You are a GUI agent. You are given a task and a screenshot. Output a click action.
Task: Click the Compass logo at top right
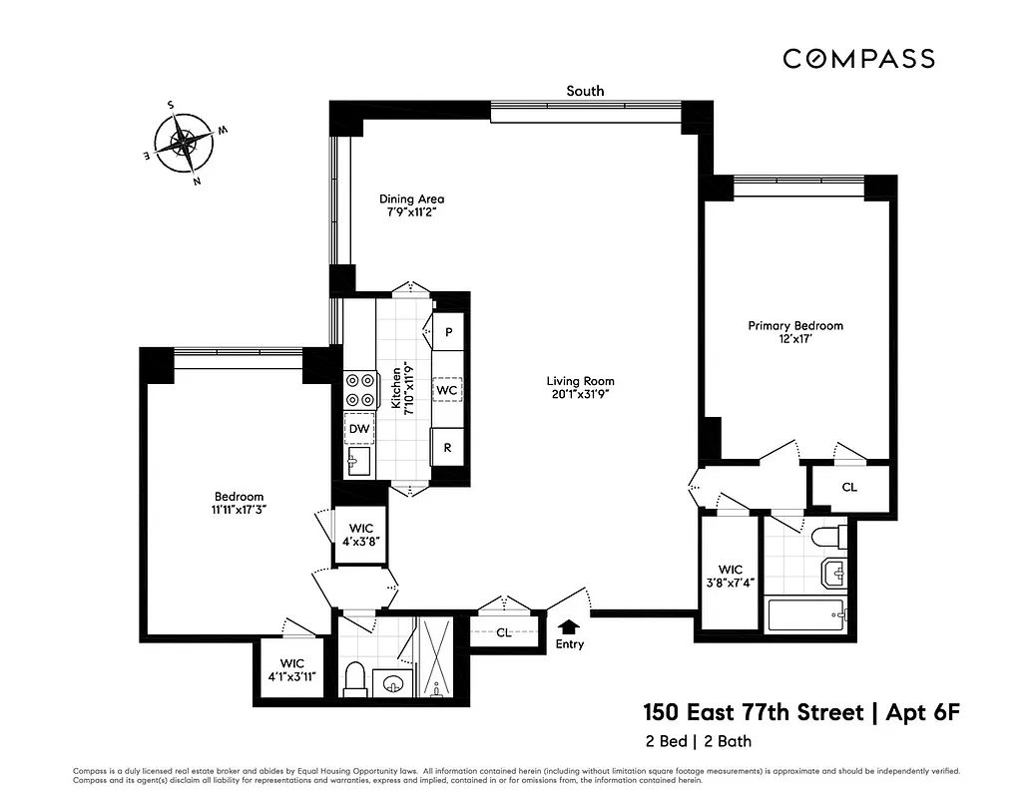pos(858,59)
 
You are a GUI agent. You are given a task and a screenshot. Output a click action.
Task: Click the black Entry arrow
pos(569,625)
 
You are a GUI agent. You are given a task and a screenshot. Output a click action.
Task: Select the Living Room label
pos(580,381)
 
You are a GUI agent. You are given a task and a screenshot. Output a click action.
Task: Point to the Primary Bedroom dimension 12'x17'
pos(795,340)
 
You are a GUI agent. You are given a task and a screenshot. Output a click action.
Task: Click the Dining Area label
pos(410,199)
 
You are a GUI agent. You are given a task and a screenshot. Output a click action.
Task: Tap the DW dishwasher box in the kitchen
pos(359,429)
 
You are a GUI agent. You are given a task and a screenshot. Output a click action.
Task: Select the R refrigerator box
pos(447,448)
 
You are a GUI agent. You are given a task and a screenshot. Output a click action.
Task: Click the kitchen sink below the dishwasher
pos(358,461)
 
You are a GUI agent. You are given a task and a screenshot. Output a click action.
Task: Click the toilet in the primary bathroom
pos(827,539)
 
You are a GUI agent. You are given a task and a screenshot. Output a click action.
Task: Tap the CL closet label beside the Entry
pos(504,632)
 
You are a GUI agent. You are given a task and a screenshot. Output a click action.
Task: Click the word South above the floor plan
pos(585,91)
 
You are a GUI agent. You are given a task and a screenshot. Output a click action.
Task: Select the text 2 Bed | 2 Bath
pos(698,741)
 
